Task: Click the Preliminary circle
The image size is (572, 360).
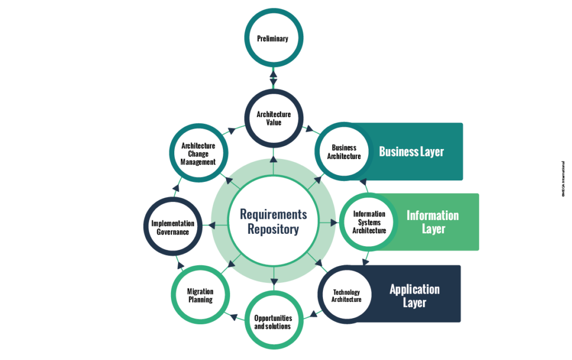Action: [273, 39]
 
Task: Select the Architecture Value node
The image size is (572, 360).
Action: [273, 118]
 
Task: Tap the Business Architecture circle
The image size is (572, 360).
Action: [344, 152]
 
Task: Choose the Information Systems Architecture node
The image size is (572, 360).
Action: [369, 222]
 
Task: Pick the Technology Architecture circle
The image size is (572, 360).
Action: [346, 296]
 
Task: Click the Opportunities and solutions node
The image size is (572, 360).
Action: [273, 322]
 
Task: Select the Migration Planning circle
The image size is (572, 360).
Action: [200, 296]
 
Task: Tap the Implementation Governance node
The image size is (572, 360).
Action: [173, 228]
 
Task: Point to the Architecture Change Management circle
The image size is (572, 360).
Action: [198, 154]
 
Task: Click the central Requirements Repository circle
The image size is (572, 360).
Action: [273, 222]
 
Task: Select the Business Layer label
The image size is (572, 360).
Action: [412, 152]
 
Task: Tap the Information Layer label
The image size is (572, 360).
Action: [433, 222]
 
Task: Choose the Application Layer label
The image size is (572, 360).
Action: [414, 296]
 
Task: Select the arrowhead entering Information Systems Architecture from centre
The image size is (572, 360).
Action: [334, 222]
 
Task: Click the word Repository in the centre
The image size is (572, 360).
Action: [273, 229]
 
